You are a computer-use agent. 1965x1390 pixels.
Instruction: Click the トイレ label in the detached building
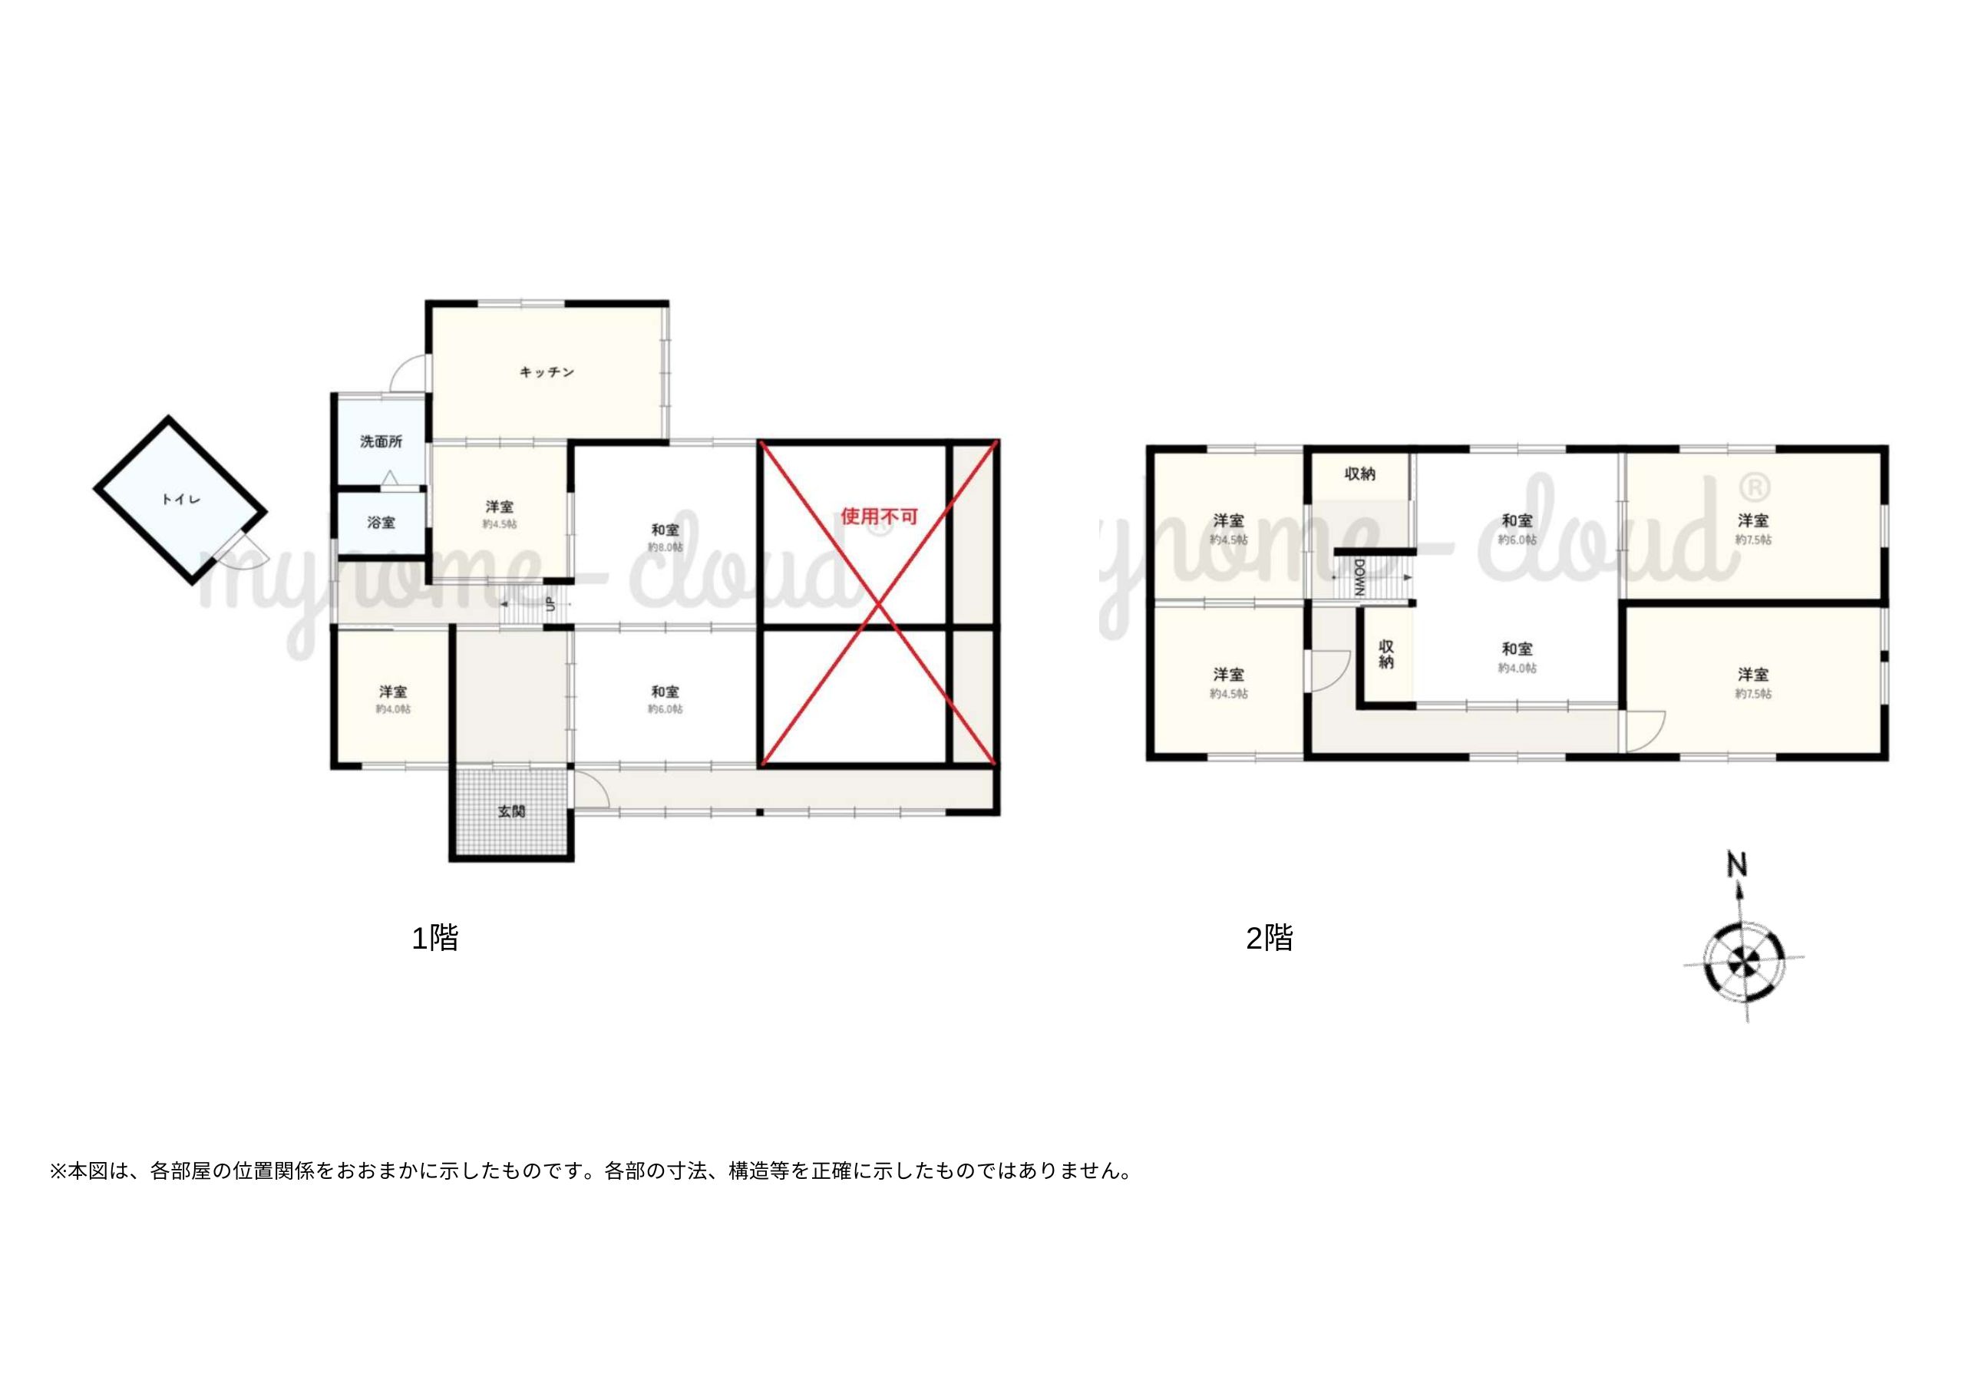click(x=180, y=499)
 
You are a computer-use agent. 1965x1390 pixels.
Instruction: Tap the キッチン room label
click(x=547, y=372)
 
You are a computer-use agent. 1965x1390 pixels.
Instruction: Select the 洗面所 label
click(x=381, y=441)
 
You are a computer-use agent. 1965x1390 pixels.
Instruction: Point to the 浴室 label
click(x=381, y=522)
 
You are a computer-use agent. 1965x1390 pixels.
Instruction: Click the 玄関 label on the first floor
click(x=512, y=811)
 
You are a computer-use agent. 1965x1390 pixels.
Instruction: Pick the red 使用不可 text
click(x=879, y=516)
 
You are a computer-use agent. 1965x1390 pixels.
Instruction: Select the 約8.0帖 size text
click(x=665, y=548)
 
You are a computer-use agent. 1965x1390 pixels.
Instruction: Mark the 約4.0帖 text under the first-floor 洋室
click(x=393, y=709)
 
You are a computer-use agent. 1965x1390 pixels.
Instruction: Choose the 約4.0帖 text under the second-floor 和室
click(x=1517, y=668)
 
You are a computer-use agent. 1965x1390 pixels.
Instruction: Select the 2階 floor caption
click(x=1270, y=939)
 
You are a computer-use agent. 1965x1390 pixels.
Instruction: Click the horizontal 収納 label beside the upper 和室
click(x=1359, y=474)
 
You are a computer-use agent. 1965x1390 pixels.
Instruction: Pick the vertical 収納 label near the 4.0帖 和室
click(x=1386, y=655)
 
